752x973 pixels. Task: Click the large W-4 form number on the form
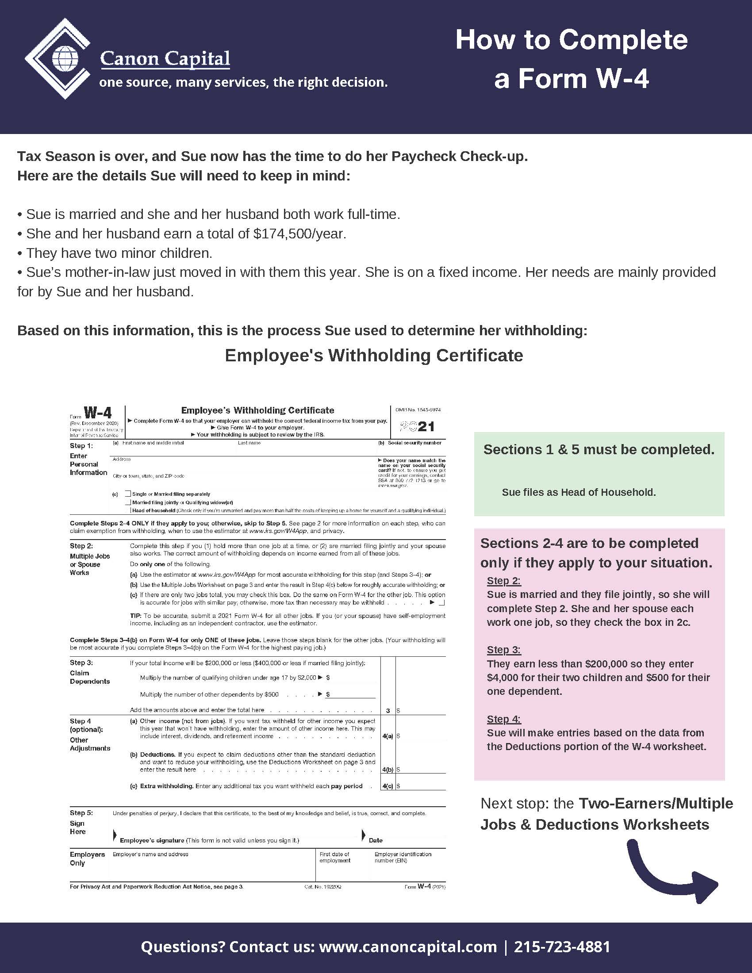(x=98, y=413)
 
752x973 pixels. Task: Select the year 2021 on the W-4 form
(x=418, y=427)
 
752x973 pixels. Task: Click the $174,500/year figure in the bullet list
(x=299, y=234)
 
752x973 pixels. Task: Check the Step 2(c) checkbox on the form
(x=441, y=603)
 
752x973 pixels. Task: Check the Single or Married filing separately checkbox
(x=128, y=494)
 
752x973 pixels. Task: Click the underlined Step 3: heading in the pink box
(x=503, y=650)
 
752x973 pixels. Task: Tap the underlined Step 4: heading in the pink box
(x=503, y=719)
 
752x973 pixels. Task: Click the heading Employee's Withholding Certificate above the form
(x=374, y=356)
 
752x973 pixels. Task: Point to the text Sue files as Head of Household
(x=578, y=492)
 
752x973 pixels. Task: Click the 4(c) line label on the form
(x=387, y=786)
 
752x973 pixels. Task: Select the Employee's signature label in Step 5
(x=152, y=840)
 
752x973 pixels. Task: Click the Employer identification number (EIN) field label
(x=402, y=857)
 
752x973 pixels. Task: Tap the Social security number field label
(x=414, y=443)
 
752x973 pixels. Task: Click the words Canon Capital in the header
(x=165, y=58)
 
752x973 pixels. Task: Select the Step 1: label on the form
(x=81, y=445)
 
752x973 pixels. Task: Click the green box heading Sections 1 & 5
(x=599, y=449)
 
